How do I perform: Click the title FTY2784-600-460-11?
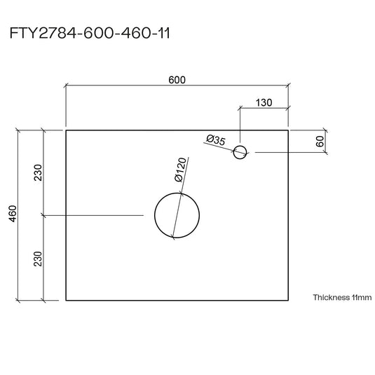click(90, 33)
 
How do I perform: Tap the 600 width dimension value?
click(177, 80)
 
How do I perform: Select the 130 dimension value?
click(264, 102)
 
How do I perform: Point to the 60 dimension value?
click(320, 142)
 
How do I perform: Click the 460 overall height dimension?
click(13, 214)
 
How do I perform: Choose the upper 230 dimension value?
click(38, 172)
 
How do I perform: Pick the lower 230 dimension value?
click(38, 259)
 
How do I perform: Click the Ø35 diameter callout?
click(216, 140)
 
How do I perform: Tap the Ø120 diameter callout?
click(180, 170)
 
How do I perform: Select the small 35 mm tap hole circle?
click(240, 146)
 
